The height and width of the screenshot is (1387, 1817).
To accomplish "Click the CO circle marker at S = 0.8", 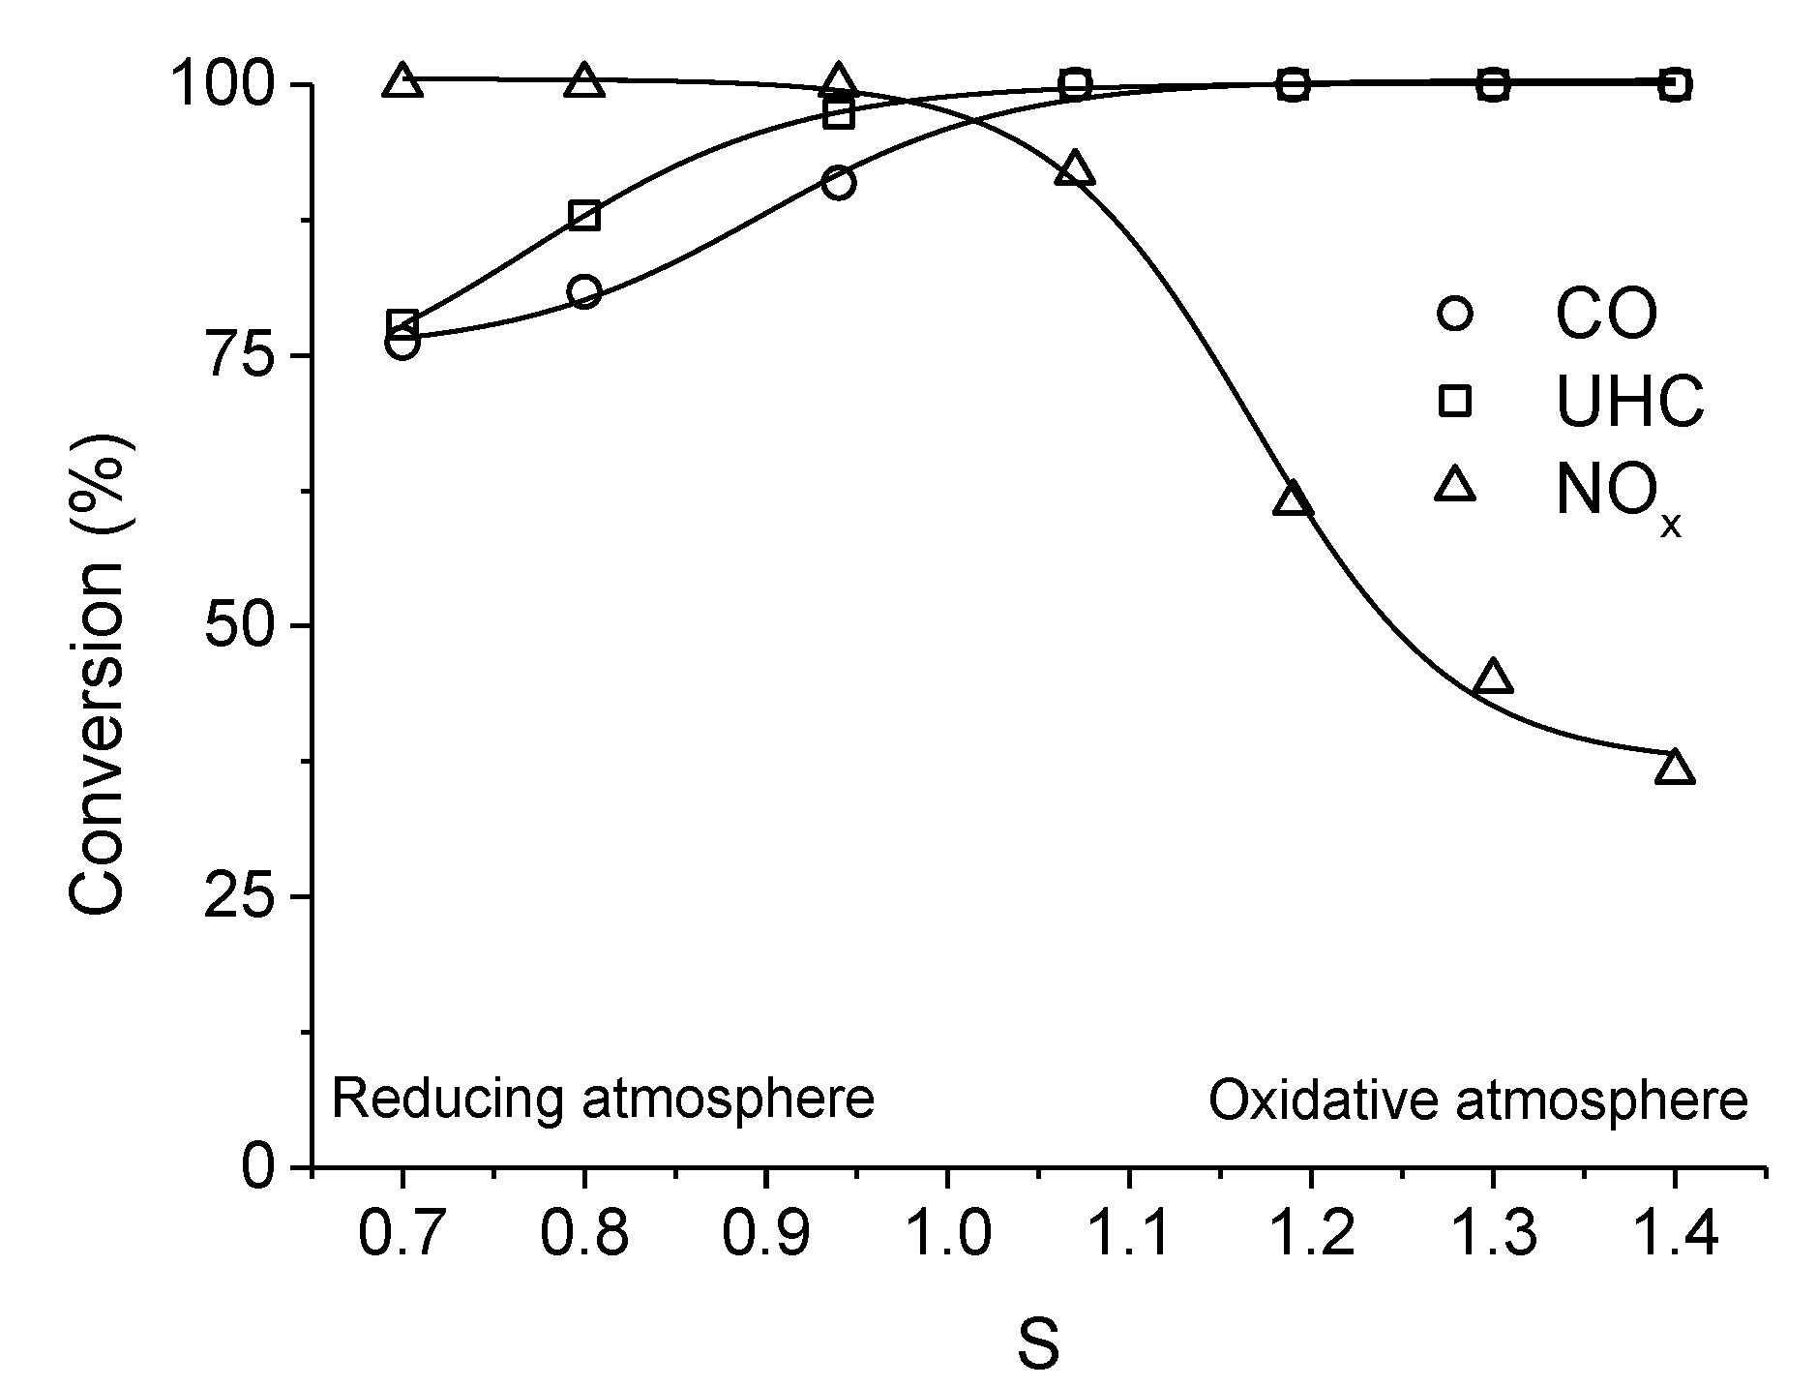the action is click(584, 292).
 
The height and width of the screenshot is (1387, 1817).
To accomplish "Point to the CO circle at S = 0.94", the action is click(839, 183).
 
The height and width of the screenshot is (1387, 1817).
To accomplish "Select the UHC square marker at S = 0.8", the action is click(584, 215).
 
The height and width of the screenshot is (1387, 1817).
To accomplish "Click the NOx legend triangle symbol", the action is click(1454, 485).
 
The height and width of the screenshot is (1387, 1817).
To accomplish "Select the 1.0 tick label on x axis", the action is click(946, 1236).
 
